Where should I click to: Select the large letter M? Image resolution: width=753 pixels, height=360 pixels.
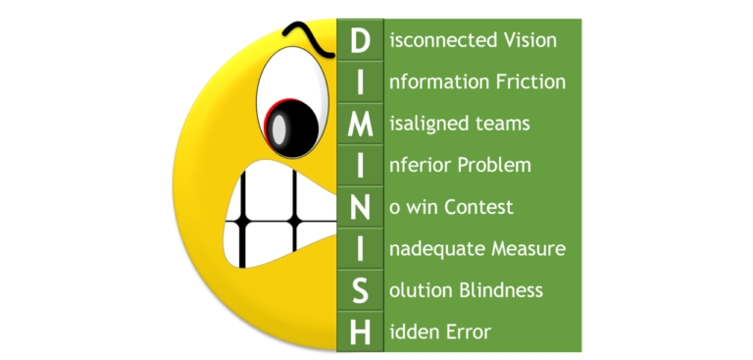[360, 123]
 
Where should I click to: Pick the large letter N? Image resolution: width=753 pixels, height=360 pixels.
[360, 207]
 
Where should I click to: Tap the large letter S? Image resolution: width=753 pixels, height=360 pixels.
[360, 290]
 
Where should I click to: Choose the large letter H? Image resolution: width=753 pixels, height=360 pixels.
[360, 333]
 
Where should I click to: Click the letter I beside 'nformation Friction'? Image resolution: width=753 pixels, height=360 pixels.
[360, 81]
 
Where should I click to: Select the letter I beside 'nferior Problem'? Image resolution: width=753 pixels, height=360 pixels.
[360, 165]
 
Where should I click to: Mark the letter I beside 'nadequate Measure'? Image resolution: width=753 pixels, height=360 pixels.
[360, 249]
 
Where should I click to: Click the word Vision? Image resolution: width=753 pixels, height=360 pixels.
[529, 40]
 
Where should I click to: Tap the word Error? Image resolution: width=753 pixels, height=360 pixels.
[467, 334]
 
